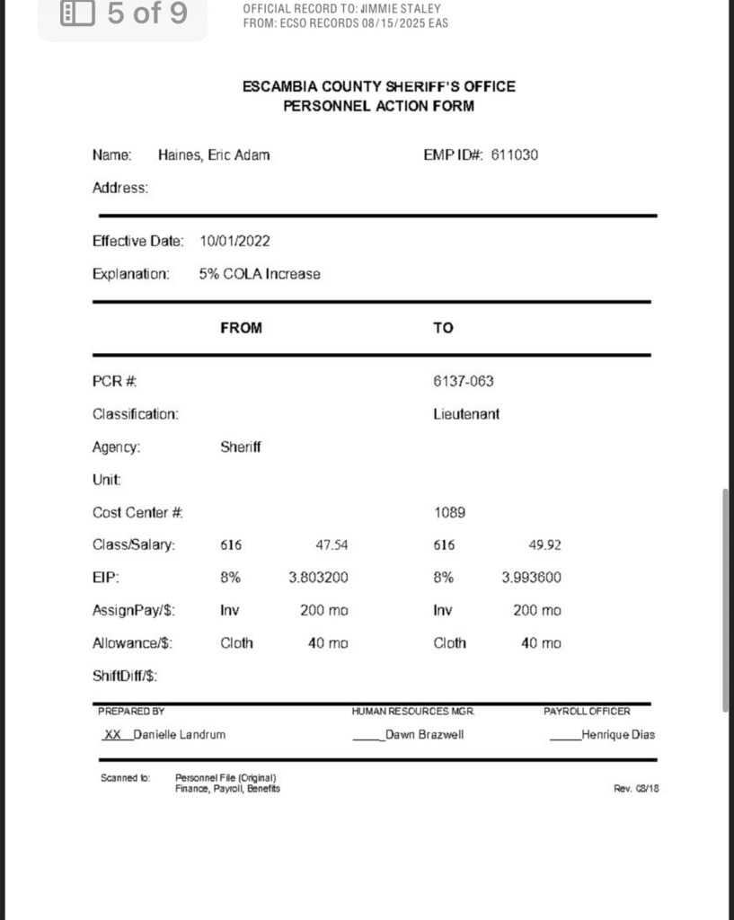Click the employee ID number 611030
coord(515,155)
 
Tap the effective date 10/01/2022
coord(234,241)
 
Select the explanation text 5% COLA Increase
coord(260,274)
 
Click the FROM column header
coord(241,328)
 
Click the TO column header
coord(443,328)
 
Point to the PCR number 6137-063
coord(464,381)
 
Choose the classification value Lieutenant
coord(466,414)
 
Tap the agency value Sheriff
coord(241,447)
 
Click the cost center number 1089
coord(449,512)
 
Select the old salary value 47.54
coord(332,545)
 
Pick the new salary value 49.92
coord(545,545)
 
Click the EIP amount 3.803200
coord(318,578)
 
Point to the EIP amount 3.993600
coord(531,578)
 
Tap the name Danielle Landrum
coord(179,735)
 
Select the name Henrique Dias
coord(618,735)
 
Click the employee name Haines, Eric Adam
coord(214,155)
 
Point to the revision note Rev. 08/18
coord(636,789)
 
